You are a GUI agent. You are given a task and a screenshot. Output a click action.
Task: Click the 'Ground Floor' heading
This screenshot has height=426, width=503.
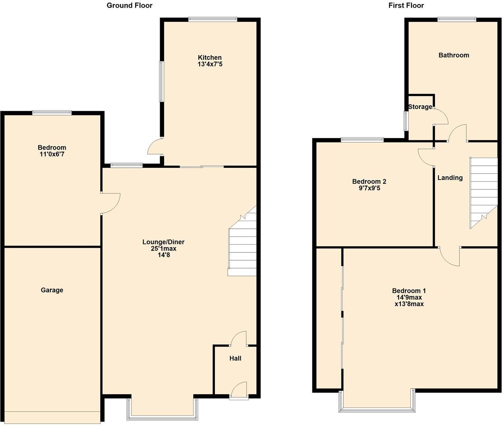click(x=129, y=5)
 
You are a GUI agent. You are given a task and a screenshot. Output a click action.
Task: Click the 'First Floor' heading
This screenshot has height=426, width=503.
click(x=406, y=5)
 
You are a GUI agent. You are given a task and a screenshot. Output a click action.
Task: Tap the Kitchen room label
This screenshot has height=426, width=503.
click(x=210, y=58)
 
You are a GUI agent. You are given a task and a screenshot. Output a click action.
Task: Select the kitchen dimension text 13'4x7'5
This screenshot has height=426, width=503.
click(x=210, y=64)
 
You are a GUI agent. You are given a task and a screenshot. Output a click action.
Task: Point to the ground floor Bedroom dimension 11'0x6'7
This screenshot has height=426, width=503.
click(x=52, y=154)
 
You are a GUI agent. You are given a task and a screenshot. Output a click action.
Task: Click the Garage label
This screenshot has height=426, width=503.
click(x=52, y=290)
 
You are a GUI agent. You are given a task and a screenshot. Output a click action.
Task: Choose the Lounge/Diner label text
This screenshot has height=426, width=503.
click(x=163, y=242)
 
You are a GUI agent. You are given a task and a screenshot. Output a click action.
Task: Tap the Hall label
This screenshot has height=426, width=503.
click(x=235, y=358)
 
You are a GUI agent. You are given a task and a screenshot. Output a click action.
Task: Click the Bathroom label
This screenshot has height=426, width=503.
click(x=454, y=55)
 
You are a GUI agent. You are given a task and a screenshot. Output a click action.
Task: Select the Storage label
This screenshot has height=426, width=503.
click(x=420, y=107)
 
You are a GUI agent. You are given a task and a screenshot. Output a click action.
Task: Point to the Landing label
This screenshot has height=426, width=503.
click(x=450, y=178)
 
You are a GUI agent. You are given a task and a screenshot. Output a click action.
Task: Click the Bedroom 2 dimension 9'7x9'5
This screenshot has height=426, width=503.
click(x=366, y=188)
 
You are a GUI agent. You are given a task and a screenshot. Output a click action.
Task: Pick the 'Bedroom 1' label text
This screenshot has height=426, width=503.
click(x=409, y=291)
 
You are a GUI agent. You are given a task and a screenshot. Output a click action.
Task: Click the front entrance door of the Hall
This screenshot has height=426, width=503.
click(x=239, y=390)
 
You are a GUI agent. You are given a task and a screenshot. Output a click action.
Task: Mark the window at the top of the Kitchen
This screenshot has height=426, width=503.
click(x=212, y=19)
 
